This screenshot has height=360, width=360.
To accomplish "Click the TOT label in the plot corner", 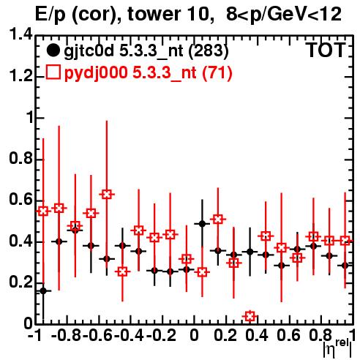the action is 326,50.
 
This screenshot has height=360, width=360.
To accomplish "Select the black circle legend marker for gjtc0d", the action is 53,50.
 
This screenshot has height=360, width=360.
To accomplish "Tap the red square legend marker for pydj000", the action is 53,72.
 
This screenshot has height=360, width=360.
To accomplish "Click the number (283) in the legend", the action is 209,50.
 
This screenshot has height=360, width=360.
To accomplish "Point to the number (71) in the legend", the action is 217,72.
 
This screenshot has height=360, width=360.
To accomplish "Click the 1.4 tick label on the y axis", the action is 20,35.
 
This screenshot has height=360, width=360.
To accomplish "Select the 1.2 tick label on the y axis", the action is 20,76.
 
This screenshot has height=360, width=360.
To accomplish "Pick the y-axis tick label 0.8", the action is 20,159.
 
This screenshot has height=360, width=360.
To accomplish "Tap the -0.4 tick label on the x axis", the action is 130,335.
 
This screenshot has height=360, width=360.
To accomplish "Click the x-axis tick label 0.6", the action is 288,335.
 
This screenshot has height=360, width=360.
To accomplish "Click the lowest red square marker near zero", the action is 250,316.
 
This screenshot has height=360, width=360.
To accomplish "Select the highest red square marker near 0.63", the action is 107,195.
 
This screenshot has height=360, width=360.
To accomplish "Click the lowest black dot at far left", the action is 43,290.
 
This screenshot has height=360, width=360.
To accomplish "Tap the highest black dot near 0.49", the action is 202,224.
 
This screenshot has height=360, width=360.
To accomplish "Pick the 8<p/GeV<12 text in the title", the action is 284,15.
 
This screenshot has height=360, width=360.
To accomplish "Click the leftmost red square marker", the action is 43,211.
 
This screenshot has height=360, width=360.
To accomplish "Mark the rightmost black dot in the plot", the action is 345,266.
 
